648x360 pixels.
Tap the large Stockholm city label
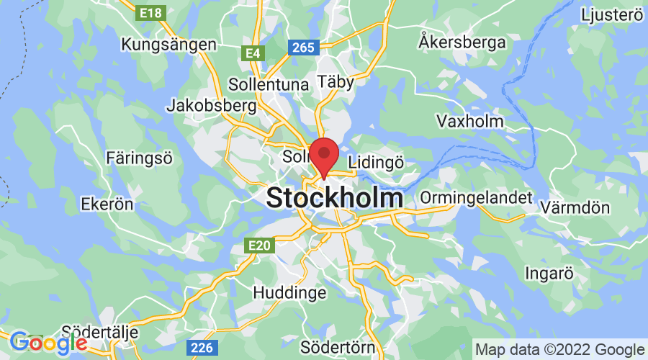click(335, 198)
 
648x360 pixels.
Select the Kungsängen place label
click(169, 45)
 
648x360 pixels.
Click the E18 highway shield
click(150, 12)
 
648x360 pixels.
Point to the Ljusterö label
click(611, 15)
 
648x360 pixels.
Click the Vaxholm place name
click(470, 120)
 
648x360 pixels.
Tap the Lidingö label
click(375, 162)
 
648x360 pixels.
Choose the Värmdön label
click(586, 208)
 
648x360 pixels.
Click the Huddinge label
click(289, 293)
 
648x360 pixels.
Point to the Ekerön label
click(107, 204)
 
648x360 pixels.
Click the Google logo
click(48, 342)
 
